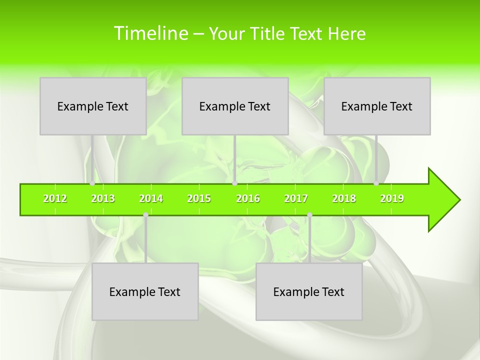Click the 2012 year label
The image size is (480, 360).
point(55,199)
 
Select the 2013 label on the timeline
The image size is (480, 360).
point(103,199)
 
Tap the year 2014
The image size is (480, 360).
point(151,199)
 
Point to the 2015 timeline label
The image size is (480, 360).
point(199,199)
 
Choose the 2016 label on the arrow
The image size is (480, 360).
point(248,199)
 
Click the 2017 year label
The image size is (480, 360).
point(296,199)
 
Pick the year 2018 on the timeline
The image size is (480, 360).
point(344,199)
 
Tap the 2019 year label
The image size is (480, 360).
point(392,199)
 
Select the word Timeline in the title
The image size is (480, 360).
point(149,33)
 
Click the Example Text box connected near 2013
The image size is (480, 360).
point(93,106)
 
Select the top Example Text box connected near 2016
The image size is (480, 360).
point(235,106)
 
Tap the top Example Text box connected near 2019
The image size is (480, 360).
point(377,106)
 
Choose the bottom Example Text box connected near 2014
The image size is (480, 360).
point(145,291)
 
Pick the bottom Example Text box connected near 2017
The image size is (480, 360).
point(309,291)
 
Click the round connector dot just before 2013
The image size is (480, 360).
point(92,183)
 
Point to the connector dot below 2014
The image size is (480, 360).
point(145,215)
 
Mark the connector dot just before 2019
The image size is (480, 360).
point(376,183)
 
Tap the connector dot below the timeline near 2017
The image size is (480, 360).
point(309,215)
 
